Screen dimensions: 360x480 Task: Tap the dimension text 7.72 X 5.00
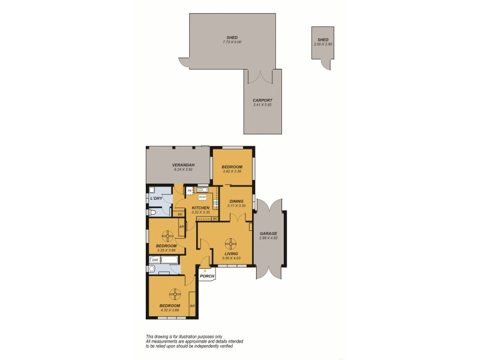click(x=231, y=42)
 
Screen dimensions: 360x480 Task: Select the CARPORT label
click(x=263, y=100)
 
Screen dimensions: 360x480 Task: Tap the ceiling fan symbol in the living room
click(x=230, y=244)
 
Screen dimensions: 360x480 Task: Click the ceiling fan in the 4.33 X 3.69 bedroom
click(x=175, y=293)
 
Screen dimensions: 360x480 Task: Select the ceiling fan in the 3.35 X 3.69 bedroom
click(x=169, y=234)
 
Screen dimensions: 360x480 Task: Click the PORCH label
click(x=207, y=276)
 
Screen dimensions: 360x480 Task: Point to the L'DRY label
click(x=157, y=198)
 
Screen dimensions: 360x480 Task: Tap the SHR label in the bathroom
click(x=154, y=260)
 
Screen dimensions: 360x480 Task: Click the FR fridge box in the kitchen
click(x=190, y=191)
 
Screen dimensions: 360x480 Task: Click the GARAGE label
click(x=268, y=233)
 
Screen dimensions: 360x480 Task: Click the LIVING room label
click(x=230, y=254)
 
